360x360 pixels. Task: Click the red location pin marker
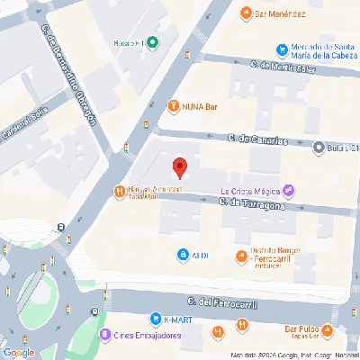point(179,167)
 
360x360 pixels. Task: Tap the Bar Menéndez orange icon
point(246,13)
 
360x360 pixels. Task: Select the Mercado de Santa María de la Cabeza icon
point(283,49)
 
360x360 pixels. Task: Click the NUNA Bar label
point(199,104)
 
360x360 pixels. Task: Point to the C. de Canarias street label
point(257,139)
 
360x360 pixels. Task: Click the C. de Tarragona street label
point(254,206)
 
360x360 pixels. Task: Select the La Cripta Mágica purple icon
point(288,190)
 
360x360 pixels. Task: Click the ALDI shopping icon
point(183,256)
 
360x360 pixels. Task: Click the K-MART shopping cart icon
point(156,319)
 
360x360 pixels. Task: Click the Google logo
point(18,351)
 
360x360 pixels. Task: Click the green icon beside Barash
point(153,42)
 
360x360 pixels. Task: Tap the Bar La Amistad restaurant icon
point(119,191)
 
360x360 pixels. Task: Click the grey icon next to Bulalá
point(318,148)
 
